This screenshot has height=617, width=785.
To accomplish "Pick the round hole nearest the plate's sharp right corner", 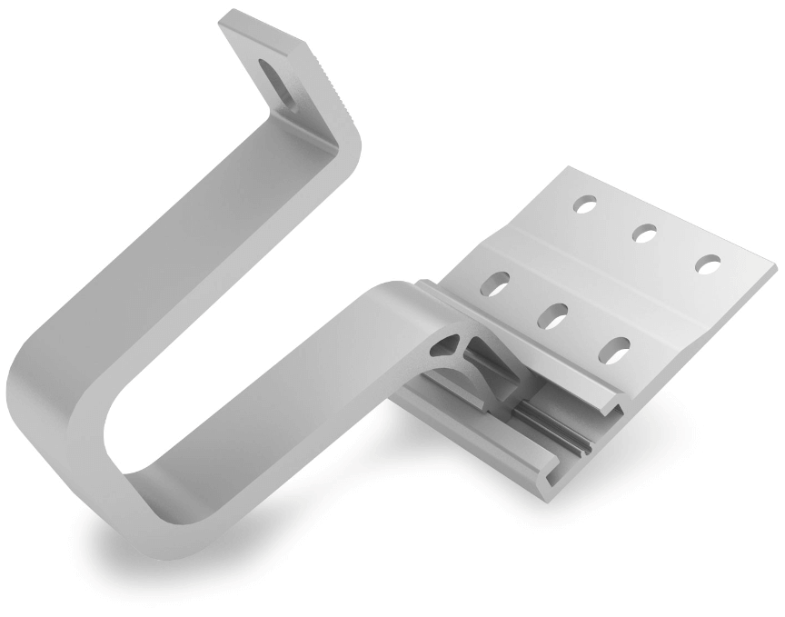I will pos(708,264).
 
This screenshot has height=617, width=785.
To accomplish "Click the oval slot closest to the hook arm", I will pos(496,284).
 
